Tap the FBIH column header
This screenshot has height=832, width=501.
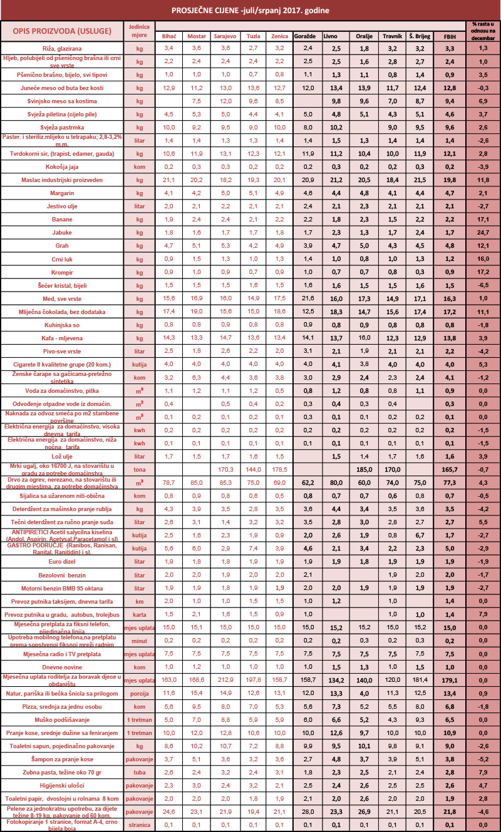tap(449, 36)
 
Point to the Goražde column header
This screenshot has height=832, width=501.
tap(307, 36)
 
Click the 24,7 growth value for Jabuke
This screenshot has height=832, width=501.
tap(483, 232)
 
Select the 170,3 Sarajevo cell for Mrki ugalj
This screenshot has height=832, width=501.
tap(225, 469)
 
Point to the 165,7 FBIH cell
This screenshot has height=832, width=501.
tap(449, 469)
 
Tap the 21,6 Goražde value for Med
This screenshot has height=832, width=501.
tap(307, 298)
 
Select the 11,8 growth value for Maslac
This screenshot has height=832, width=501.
tap(483, 180)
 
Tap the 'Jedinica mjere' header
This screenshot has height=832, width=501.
tap(139, 31)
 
